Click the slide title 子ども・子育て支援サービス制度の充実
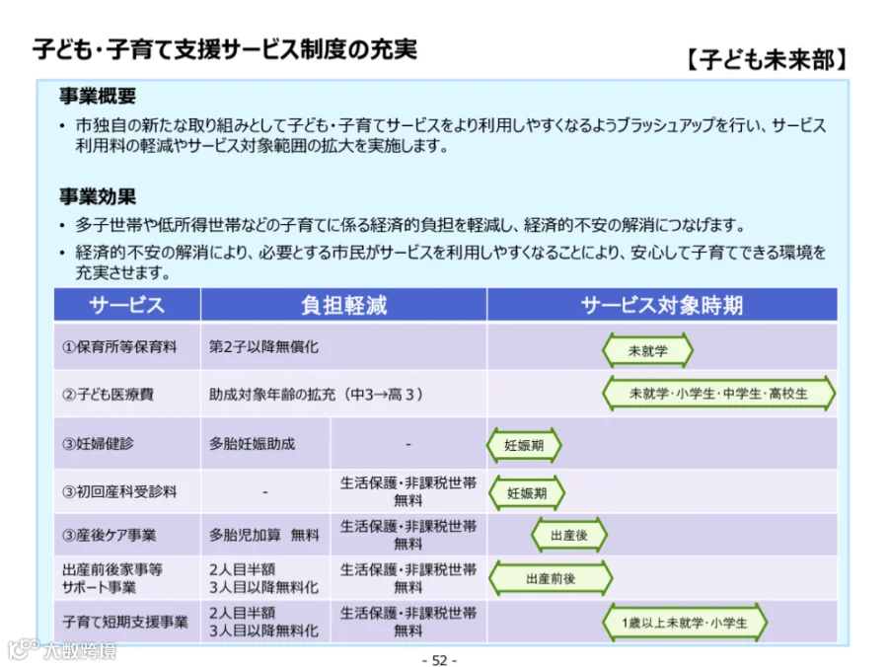point(225,49)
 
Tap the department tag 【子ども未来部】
point(767,59)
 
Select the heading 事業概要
point(98,96)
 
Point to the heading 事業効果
point(98,196)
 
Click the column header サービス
point(127,305)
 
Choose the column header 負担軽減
point(343,305)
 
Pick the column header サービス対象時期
point(661,305)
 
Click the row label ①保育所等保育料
point(119,346)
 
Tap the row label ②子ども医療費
point(108,394)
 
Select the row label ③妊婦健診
point(98,443)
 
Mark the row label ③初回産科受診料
point(119,491)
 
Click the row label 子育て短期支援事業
point(124,622)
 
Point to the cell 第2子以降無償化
point(263,346)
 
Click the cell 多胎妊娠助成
point(252,443)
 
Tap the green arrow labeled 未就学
point(647,350)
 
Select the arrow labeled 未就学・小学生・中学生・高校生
point(718,394)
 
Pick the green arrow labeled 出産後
point(569,535)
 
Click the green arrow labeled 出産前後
point(551,578)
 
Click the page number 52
point(439,660)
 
